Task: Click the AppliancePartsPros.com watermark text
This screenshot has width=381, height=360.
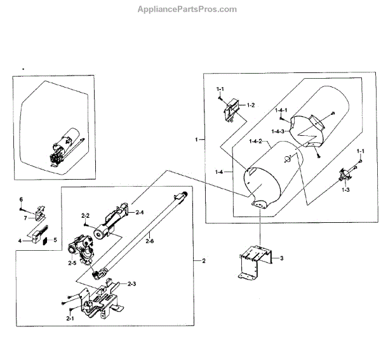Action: click(187, 10)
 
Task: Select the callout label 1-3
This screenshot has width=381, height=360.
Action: click(346, 190)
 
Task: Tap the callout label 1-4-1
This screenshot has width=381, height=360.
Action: click(283, 110)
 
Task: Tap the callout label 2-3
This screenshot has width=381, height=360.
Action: click(132, 283)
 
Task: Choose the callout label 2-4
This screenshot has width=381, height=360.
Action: click(140, 212)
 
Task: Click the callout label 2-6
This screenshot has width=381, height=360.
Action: click(149, 241)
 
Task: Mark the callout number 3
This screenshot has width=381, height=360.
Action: click(281, 257)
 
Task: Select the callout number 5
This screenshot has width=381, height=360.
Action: click(55, 240)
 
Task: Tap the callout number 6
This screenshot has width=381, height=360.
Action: click(20, 200)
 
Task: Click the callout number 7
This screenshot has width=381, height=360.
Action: click(25, 218)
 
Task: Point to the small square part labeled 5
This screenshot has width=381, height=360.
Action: click(44, 241)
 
